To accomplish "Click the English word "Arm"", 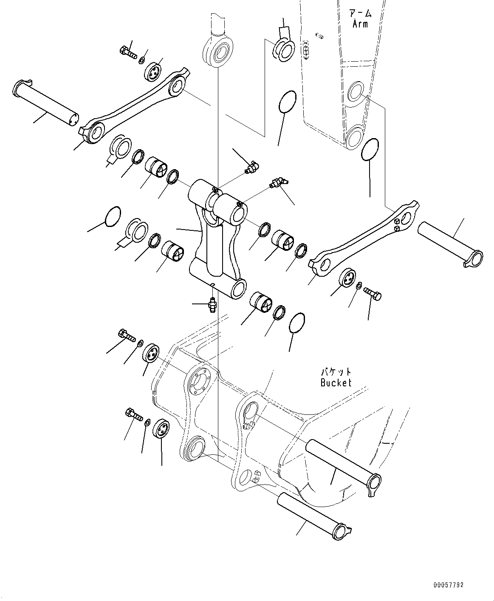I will (360, 24).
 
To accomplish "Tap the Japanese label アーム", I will (360, 14).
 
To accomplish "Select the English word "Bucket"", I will (336, 383).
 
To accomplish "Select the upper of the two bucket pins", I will (342, 463).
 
